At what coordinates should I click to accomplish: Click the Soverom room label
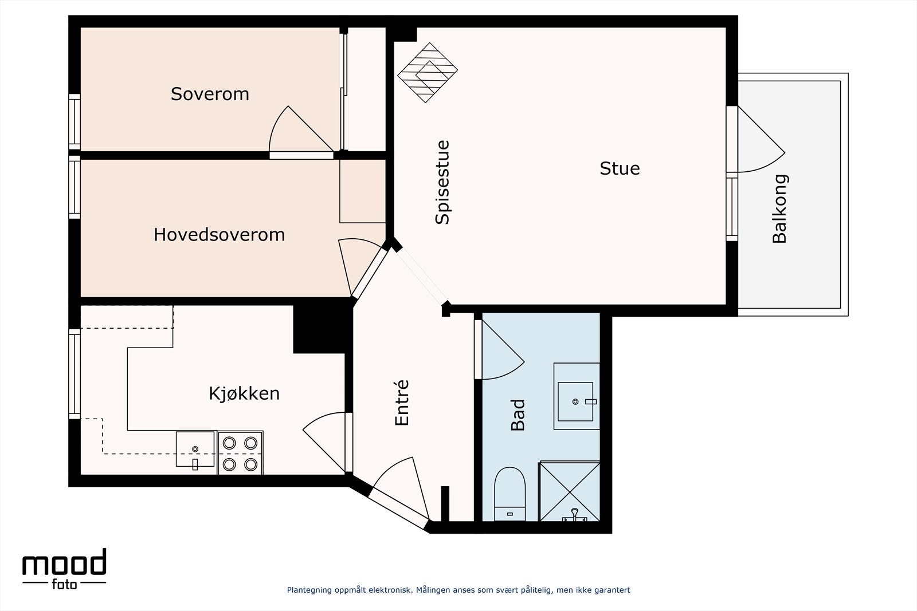coord(210,94)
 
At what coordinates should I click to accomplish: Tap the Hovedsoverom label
coord(219,235)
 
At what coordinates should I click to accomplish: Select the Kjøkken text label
coord(244,393)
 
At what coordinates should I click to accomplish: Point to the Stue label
coord(620,168)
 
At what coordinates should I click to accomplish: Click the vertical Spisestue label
coord(442,182)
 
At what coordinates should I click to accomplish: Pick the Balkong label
coord(780,209)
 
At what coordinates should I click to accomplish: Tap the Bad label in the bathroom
coord(518,415)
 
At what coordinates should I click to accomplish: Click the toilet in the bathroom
coord(510,493)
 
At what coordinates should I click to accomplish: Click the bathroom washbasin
coord(576,396)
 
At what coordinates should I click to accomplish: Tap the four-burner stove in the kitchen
coord(240,453)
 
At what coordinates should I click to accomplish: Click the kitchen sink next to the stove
coord(195,450)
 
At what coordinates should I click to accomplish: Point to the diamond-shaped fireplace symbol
coord(428,73)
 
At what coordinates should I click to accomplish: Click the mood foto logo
coord(64,569)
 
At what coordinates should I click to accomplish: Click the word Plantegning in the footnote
coord(309,590)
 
